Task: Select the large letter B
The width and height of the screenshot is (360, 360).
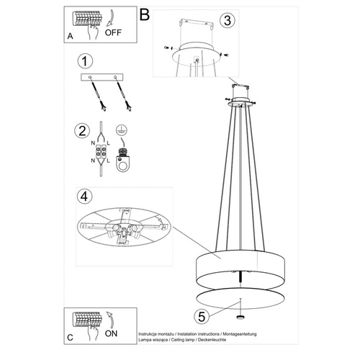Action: point(144,14)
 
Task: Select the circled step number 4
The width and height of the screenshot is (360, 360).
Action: point(86,196)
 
